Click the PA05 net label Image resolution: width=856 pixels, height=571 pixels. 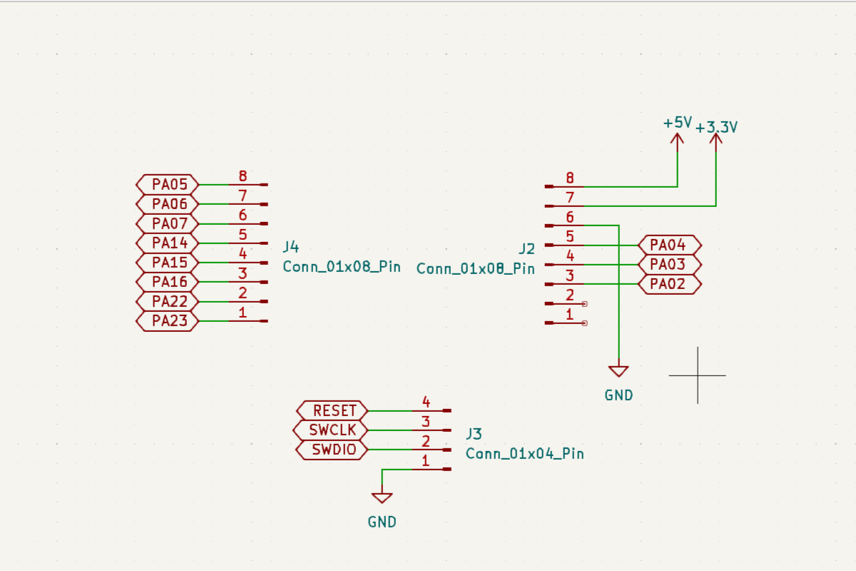coord(167,185)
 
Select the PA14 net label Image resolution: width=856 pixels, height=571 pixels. coord(167,243)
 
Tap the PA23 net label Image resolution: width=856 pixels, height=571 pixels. coord(167,321)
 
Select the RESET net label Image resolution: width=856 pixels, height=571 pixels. coord(333,411)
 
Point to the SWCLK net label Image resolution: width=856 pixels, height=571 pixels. coord(332,430)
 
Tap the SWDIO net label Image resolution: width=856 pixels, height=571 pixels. coord(332,450)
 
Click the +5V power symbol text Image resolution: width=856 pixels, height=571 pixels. coord(677,123)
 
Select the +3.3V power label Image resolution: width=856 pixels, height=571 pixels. coord(716,128)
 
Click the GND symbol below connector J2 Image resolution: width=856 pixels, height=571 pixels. coord(618,371)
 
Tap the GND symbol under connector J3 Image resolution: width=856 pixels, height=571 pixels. coord(382,497)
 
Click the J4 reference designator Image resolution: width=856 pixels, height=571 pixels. coord(291,248)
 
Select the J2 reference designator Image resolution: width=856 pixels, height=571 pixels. coord(526,248)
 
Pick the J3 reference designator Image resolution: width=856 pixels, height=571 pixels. coord(474,434)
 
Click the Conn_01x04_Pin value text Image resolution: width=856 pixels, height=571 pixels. coord(524,453)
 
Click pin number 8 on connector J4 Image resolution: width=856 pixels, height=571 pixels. coord(243,176)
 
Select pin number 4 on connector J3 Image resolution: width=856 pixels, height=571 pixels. coord(426,402)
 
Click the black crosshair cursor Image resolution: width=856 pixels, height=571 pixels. coord(698,375)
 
